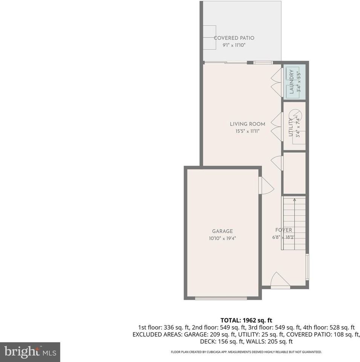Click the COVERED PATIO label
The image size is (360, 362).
tap(234, 38)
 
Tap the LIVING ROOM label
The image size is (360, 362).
tap(247, 124)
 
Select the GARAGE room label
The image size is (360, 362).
tap(222, 231)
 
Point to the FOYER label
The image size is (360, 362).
tap(283, 230)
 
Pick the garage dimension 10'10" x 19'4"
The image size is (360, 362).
tap(222, 238)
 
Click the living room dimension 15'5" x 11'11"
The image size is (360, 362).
tap(247, 131)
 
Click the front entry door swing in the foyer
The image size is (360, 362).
tap(280, 280)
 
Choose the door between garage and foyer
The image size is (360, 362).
tap(265, 186)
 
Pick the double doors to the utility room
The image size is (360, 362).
tap(276, 126)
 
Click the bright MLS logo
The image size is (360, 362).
tap(30, 352)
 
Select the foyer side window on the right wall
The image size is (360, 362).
tap(307, 267)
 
